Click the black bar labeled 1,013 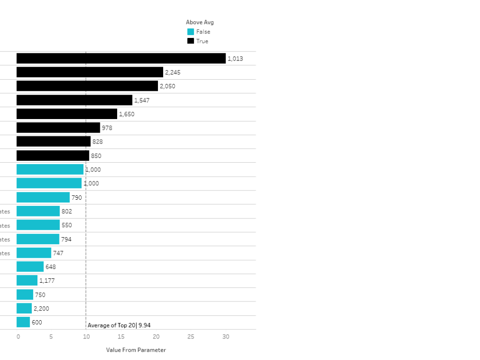tap(121, 59)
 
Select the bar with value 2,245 tap(90, 72)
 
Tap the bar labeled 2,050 tap(87, 86)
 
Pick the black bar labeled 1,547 tap(74, 100)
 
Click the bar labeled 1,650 tap(67, 114)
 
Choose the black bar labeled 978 tap(58, 128)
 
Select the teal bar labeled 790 tap(43, 197)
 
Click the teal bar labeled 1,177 tap(27, 281)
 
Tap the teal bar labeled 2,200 tap(24, 309)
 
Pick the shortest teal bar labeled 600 tap(23, 323)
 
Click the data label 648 tap(50, 267)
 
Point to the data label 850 tap(96, 156)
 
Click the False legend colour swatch tap(191, 32)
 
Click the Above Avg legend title tap(200, 22)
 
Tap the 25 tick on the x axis tap(191, 337)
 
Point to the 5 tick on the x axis tap(51, 337)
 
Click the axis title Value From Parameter tap(136, 350)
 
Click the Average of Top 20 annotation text tap(119, 325)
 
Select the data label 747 tap(58, 253)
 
